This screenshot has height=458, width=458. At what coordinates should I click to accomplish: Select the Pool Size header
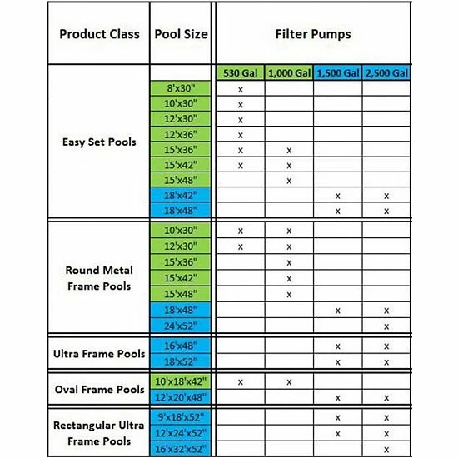click(182, 35)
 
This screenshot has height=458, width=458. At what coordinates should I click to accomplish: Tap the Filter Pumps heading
click(313, 35)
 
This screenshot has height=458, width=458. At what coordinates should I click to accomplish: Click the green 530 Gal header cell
click(241, 73)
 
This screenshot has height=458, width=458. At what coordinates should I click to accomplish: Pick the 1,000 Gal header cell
click(289, 73)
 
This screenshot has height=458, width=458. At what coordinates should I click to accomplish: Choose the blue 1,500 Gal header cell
click(337, 73)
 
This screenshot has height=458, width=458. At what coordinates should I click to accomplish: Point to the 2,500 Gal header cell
click(386, 73)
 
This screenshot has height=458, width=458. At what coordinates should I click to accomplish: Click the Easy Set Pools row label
click(93, 141)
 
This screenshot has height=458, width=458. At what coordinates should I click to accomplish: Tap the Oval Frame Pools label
click(99, 389)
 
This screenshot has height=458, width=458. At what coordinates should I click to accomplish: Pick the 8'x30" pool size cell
click(182, 89)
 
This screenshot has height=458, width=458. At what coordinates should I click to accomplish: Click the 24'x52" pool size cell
click(182, 326)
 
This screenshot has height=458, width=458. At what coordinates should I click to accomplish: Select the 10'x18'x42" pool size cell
click(182, 381)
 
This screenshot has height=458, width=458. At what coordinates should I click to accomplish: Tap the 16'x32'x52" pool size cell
click(182, 450)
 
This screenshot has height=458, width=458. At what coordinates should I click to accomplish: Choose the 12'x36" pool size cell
click(182, 135)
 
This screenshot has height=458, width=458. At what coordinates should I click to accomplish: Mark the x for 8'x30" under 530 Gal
click(241, 89)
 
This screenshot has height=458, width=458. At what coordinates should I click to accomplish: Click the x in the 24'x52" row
click(386, 326)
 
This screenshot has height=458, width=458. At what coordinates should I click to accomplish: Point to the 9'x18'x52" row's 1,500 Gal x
click(337, 419)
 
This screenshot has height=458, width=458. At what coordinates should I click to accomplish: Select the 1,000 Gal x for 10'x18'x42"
click(289, 381)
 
